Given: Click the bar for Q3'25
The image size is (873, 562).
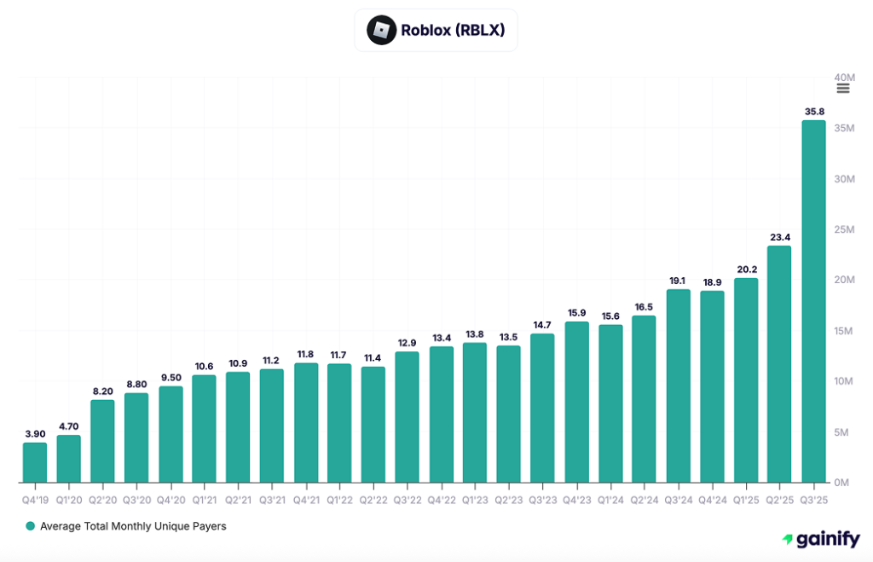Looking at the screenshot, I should click(813, 301).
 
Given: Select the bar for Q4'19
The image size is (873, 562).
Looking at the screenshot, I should click(35, 462).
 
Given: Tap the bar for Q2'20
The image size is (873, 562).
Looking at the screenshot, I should click(102, 441).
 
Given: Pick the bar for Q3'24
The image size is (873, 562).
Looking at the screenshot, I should click(678, 385).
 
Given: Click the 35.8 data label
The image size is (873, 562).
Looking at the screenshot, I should click(813, 111).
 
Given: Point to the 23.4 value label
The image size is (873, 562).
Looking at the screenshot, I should click(779, 237).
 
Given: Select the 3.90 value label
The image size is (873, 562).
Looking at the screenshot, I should click(35, 434).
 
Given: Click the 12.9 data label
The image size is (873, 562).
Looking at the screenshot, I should click(407, 343).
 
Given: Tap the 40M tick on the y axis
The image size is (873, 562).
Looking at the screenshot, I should click(843, 77).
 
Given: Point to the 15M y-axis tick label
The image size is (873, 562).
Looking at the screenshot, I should click(843, 331).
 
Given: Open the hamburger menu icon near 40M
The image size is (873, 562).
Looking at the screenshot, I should click(843, 89).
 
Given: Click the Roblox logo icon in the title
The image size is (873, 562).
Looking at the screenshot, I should click(381, 31).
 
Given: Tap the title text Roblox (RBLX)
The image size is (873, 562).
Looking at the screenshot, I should click(453, 31).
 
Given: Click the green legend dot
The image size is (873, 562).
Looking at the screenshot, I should click(31, 526).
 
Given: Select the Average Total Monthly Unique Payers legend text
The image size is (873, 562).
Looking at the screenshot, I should click(133, 526).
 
